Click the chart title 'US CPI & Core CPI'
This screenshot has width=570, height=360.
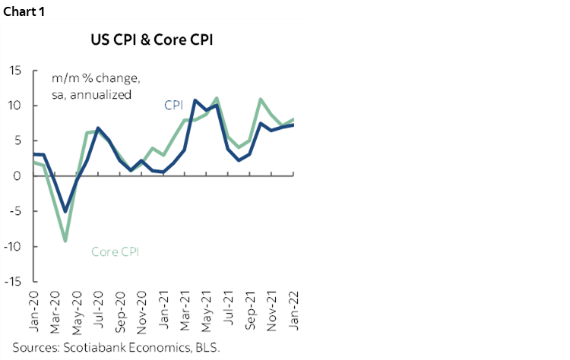pyautogui.click(x=153, y=39)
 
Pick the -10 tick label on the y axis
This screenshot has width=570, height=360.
pyautogui.click(x=13, y=247)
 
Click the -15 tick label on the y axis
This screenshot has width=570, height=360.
pyautogui.click(x=13, y=282)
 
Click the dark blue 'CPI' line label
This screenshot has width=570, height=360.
pyautogui.click(x=175, y=105)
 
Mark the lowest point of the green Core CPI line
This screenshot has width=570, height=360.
pyautogui.click(x=66, y=241)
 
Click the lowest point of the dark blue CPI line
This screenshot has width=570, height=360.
pyautogui.click(x=66, y=211)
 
